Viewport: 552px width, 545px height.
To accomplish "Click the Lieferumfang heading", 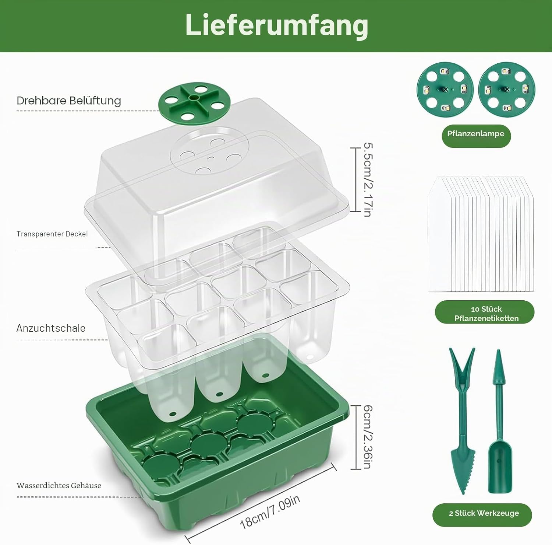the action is (276, 25).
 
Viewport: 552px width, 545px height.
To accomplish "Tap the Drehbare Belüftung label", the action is (69, 101).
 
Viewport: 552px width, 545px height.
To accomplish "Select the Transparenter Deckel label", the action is (52, 234).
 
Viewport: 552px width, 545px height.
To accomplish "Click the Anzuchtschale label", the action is (51, 328).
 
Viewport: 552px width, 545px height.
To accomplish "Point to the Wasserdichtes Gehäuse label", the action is (59, 485).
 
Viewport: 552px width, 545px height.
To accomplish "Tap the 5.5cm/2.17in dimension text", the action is (368, 179).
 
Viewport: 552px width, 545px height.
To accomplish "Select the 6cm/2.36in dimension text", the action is (368, 437).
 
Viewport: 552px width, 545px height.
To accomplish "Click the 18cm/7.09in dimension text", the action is (270, 512).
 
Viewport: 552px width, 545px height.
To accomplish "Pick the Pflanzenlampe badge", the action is (476, 134).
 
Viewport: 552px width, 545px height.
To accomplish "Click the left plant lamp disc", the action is (445, 90).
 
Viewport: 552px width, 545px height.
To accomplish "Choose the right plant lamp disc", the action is (507, 90).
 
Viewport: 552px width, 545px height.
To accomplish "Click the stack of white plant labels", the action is (481, 234).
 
